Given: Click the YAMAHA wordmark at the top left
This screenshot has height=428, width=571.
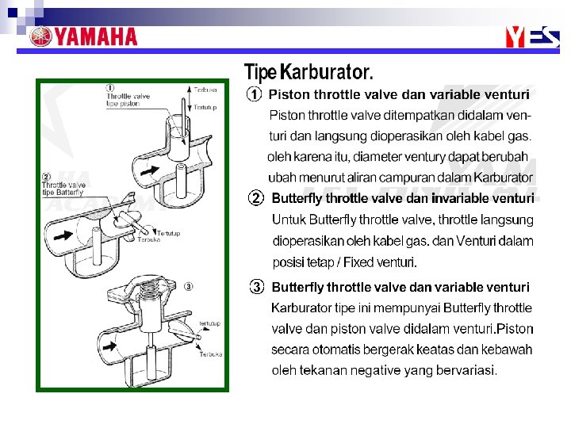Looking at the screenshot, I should pyautogui.click(x=94, y=36).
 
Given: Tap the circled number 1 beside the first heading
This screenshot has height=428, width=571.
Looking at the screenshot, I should pyautogui.click(x=253, y=94).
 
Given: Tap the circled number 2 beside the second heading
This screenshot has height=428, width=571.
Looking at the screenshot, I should pyautogui.click(x=255, y=197).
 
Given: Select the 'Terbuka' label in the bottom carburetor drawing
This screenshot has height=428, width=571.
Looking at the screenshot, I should pyautogui.click(x=210, y=354).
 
